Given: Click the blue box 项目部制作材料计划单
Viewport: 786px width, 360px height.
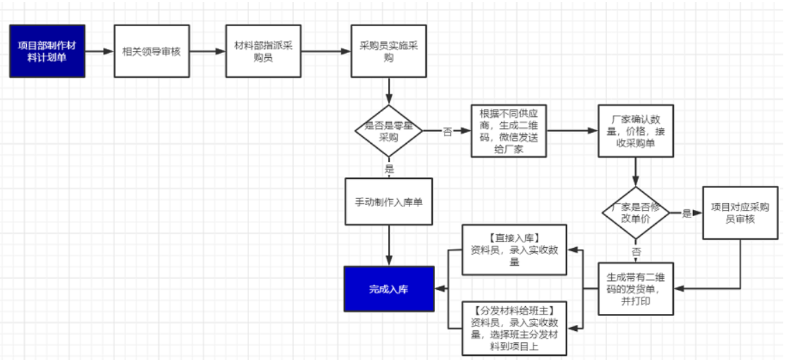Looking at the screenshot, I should (x=47, y=51).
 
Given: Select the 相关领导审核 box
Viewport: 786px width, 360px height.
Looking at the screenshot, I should (x=151, y=52).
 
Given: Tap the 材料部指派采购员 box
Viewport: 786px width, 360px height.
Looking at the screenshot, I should (x=263, y=52).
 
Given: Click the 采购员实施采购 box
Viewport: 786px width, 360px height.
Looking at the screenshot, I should (x=389, y=52).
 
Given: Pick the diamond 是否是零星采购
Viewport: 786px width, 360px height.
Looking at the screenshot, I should (x=389, y=131).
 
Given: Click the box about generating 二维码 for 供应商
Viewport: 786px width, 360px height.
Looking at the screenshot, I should (x=509, y=131).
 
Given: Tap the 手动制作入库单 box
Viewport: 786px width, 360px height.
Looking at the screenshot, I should (x=389, y=202).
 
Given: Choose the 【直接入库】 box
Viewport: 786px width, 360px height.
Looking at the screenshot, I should (x=515, y=249).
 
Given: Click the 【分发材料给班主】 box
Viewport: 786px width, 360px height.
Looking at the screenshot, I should (x=515, y=328).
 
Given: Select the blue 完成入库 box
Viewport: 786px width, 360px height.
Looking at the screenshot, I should (x=389, y=289).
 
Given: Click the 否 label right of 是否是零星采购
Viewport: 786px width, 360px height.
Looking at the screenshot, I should (x=447, y=131).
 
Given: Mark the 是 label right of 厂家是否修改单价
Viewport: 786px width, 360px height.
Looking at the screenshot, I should (x=686, y=213).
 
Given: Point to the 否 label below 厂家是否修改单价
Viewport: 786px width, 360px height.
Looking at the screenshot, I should (x=636, y=251).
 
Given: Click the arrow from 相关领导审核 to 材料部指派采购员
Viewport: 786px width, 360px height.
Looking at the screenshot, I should (x=207, y=52).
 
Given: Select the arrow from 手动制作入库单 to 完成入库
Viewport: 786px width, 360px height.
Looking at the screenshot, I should (x=389, y=245).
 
